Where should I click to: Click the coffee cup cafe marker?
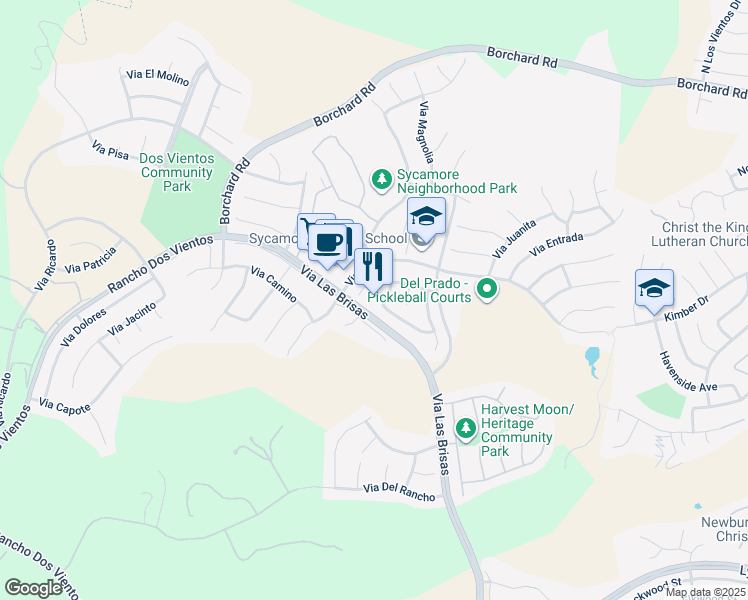click(x=328, y=242)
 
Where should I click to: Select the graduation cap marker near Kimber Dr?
click(x=654, y=289)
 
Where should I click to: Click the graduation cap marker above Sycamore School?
click(x=426, y=217)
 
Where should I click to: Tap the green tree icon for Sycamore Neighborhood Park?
click(x=381, y=180)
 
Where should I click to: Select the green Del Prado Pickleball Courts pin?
click(x=487, y=290)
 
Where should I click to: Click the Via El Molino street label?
click(x=157, y=74)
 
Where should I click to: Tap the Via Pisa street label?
click(x=111, y=151)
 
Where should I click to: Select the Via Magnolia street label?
click(x=426, y=132)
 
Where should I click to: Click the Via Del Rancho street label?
click(x=399, y=490)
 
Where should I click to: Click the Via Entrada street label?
click(x=557, y=244)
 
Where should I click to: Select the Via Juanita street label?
click(x=515, y=238)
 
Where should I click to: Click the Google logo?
click(x=33, y=588)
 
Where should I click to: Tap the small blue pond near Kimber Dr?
click(x=593, y=358)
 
